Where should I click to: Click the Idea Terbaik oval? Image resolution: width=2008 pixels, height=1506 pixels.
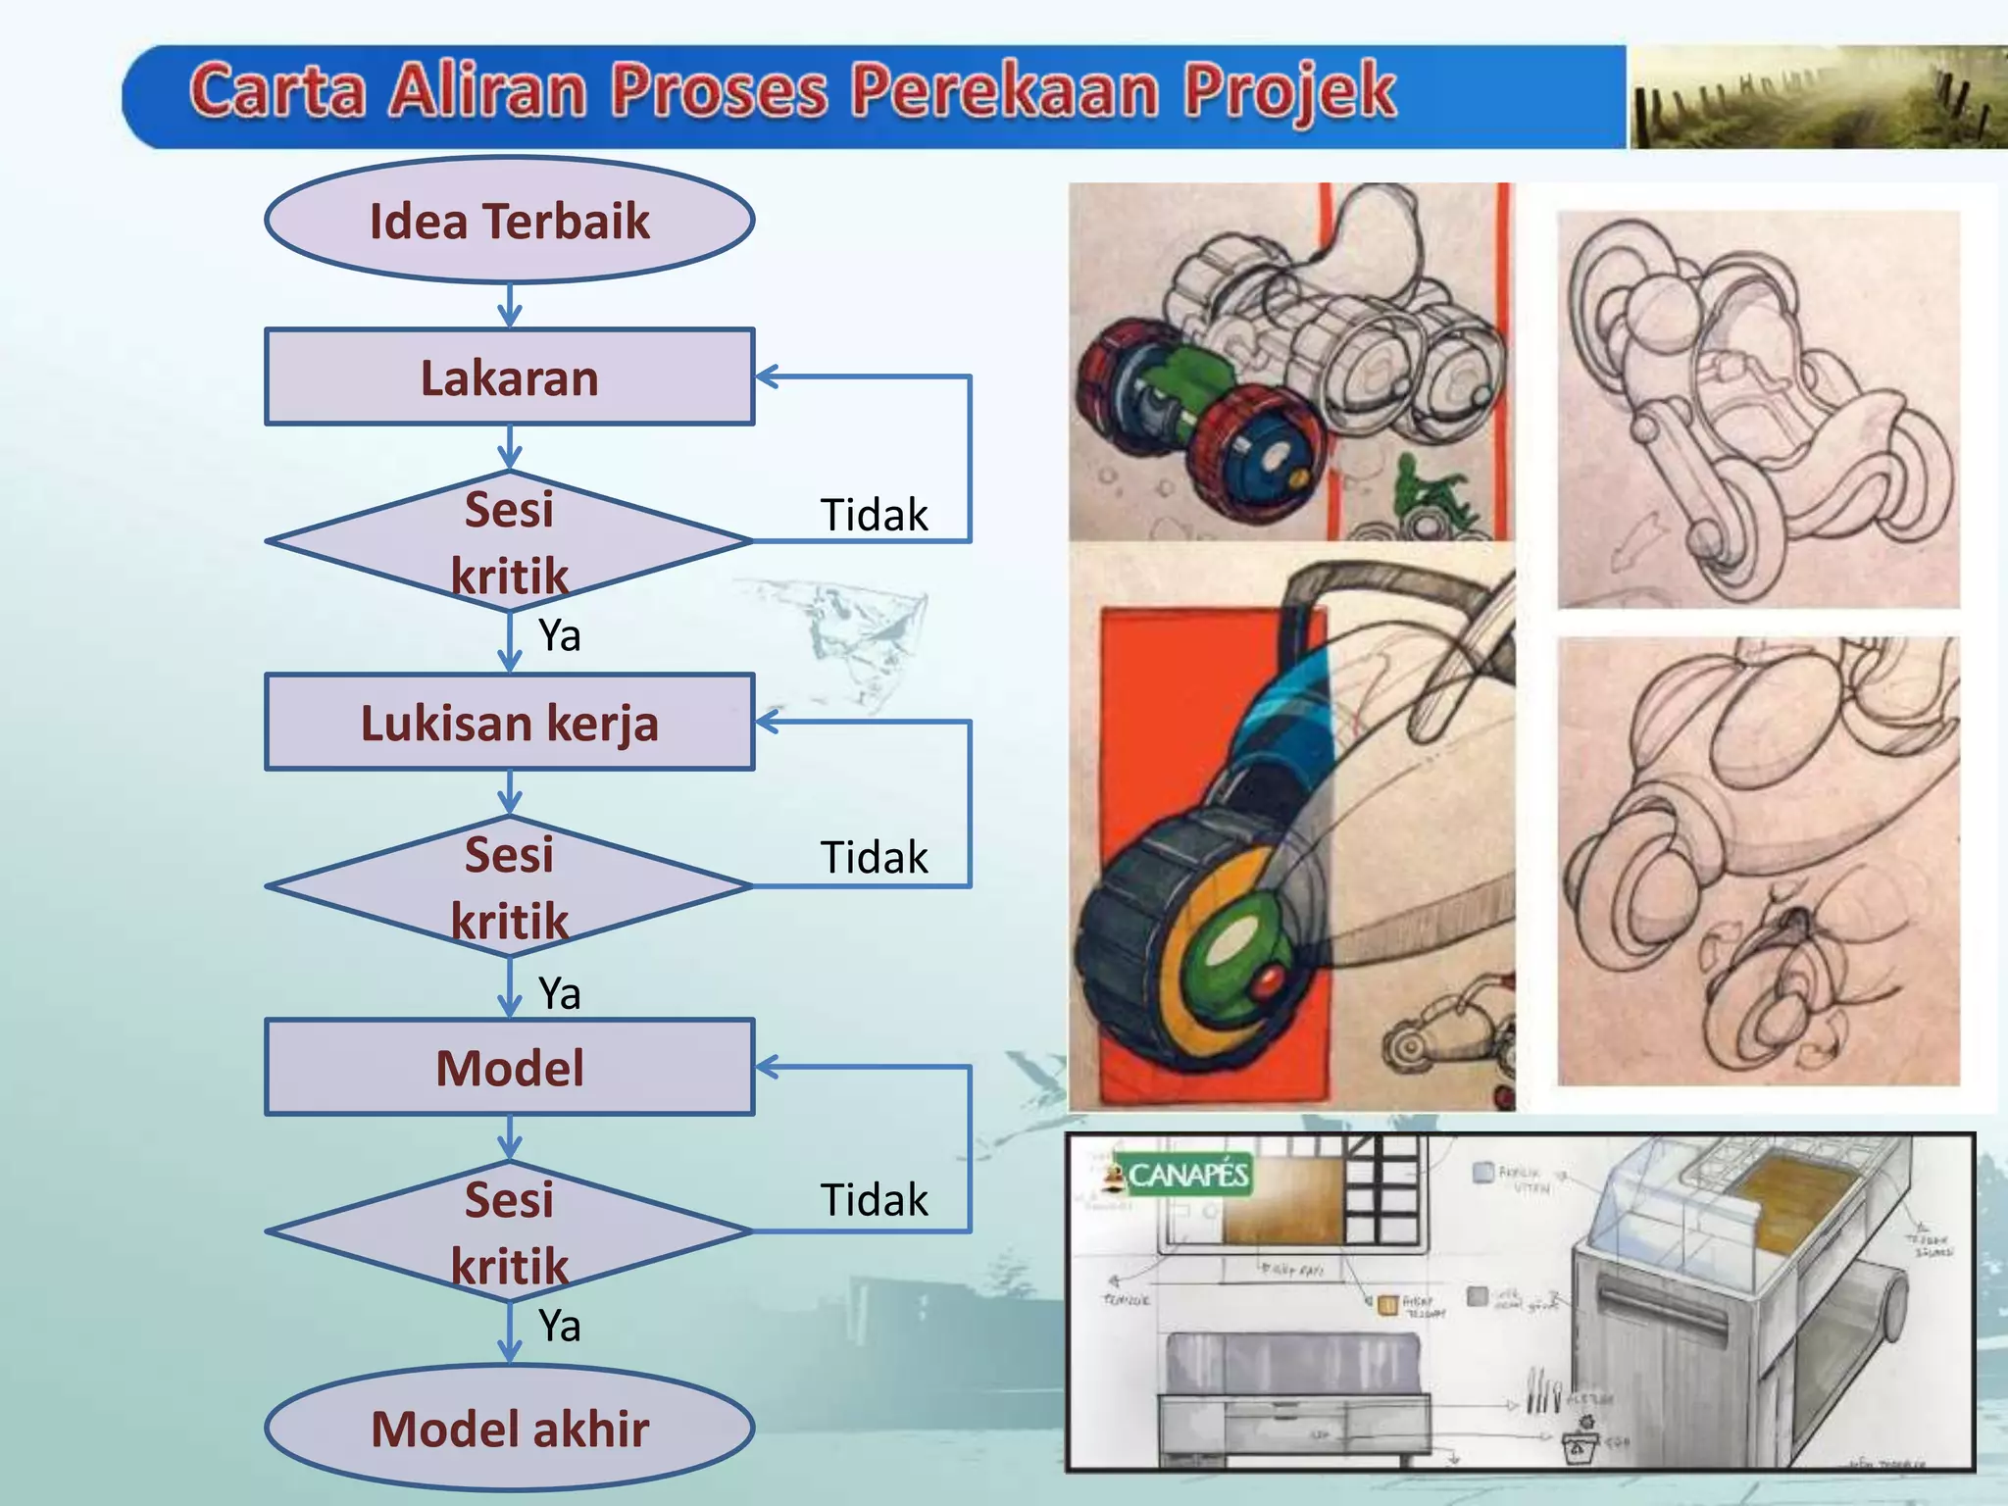click(x=509, y=221)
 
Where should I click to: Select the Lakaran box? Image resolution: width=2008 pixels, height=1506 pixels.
click(x=509, y=377)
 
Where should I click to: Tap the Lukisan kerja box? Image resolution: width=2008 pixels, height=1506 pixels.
click(x=509, y=723)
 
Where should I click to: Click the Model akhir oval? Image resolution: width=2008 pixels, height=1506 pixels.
click(x=509, y=1429)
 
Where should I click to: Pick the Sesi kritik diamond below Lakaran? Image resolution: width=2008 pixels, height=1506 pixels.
click(x=509, y=541)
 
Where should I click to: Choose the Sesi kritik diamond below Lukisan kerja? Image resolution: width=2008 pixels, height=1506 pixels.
click(x=509, y=886)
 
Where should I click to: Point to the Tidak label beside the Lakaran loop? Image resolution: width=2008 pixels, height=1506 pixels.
click(x=874, y=515)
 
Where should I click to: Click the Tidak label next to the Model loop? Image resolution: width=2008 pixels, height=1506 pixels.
click(x=874, y=1200)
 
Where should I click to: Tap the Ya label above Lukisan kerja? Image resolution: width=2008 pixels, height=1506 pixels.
click(x=560, y=635)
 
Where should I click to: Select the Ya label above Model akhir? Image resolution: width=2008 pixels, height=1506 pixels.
click(x=560, y=1326)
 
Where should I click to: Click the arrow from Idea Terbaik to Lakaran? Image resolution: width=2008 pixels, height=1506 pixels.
click(x=509, y=305)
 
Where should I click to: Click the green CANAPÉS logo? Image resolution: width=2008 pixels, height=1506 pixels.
click(x=1180, y=1175)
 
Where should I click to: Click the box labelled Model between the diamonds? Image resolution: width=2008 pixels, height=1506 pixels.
click(x=509, y=1068)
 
